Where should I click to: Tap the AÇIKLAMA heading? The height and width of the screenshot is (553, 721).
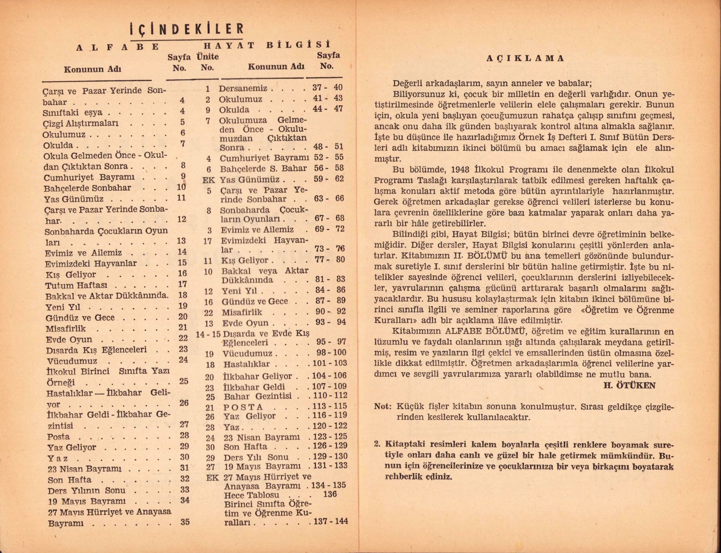525,58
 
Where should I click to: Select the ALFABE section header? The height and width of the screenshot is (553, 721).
118,47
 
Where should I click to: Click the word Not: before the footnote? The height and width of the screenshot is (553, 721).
383,406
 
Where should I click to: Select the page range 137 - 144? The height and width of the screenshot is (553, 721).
330,521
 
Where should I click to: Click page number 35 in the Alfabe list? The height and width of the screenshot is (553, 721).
185,522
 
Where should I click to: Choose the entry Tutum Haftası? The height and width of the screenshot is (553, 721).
76,285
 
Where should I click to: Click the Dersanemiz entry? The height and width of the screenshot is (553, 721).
243,89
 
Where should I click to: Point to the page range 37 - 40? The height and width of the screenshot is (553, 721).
327,88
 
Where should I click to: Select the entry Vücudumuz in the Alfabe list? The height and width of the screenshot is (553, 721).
72,361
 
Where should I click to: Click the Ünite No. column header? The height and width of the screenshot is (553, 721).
208,62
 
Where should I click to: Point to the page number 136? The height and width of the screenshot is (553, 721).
330,494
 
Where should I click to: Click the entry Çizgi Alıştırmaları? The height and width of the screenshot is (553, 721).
81,123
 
